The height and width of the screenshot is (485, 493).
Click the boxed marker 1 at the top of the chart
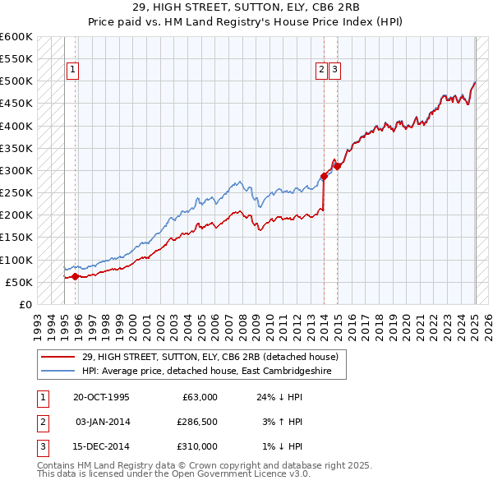pyautogui.click(x=73, y=71)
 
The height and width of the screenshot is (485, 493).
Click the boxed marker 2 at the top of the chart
pyautogui.click(x=321, y=71)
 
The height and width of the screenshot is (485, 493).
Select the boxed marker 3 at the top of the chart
pyautogui.click(x=335, y=71)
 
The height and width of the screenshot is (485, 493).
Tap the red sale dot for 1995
pyautogui.click(x=76, y=276)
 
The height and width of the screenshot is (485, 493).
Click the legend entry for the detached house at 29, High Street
pyautogui.click(x=210, y=357)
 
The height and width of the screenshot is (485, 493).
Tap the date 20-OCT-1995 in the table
pyautogui.click(x=101, y=397)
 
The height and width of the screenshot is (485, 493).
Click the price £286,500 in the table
pyautogui.click(x=197, y=422)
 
